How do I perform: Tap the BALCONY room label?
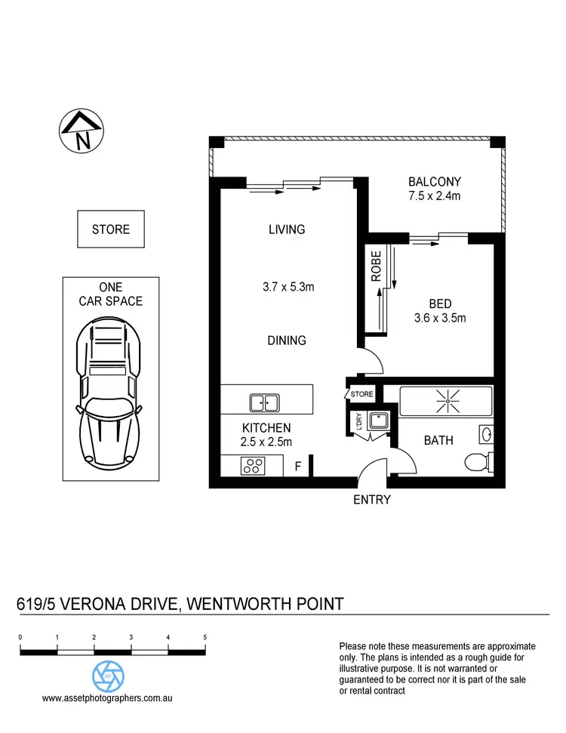click(x=434, y=182)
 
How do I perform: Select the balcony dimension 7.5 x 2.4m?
click(x=434, y=196)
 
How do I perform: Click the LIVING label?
click(x=287, y=229)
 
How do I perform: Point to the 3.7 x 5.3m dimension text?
click(x=288, y=286)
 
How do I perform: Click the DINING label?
click(x=287, y=340)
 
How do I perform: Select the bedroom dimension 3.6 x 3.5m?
click(x=441, y=318)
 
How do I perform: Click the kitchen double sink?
click(x=263, y=402)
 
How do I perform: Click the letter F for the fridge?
click(x=298, y=467)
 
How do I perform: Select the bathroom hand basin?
click(x=485, y=435)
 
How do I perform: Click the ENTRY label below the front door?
click(x=372, y=500)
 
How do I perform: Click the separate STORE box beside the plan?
click(x=110, y=229)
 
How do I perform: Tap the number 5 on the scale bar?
click(x=205, y=638)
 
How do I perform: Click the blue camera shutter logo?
click(x=108, y=674)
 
